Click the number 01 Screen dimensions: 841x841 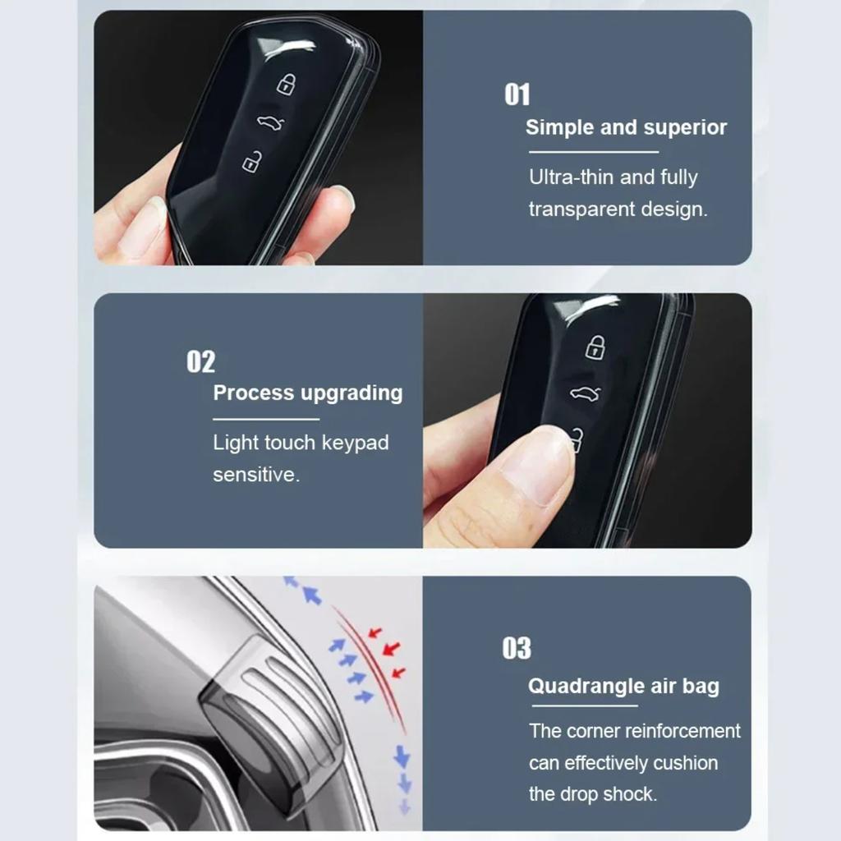[517, 94]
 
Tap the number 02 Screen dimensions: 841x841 [200, 361]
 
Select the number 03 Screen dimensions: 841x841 [517, 648]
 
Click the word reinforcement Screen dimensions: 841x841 [682, 731]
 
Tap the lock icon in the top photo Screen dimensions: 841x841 [285, 84]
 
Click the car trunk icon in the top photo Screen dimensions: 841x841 [269, 123]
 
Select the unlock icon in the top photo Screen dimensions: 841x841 [252, 162]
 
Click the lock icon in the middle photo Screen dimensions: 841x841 [595, 347]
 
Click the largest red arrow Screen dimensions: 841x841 [392, 649]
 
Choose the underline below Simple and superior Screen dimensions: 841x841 [593, 152]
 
